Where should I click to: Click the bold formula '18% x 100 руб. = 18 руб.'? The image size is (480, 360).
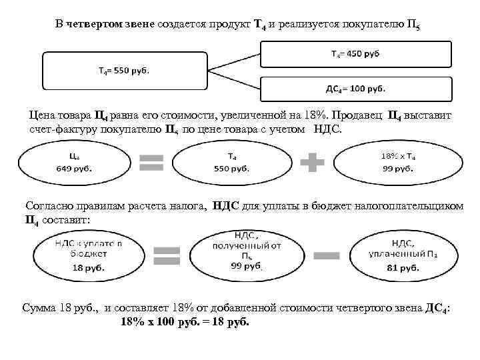click(185, 321)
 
